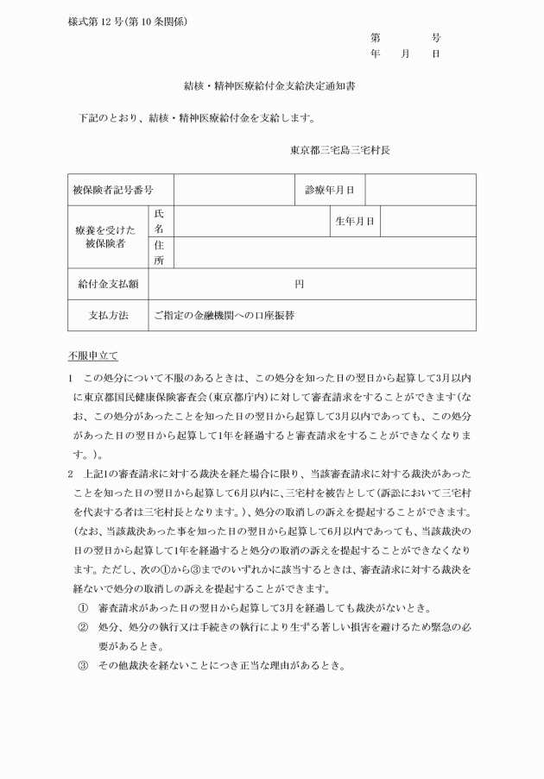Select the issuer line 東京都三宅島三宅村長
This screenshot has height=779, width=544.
click(340, 149)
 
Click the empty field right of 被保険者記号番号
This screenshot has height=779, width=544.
click(234, 190)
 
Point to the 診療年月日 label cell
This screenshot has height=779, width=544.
click(330, 190)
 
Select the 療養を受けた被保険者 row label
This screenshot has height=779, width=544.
click(107, 236)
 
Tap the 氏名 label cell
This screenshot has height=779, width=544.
click(159, 221)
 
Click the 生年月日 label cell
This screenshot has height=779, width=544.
click(354, 221)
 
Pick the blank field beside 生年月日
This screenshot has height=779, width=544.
click(427, 221)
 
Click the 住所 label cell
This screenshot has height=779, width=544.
click(159, 252)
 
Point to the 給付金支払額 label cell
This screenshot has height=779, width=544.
click(108, 283)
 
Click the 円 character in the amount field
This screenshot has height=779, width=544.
click(299, 283)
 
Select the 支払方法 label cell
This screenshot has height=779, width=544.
click(108, 315)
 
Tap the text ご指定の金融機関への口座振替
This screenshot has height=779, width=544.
click(224, 315)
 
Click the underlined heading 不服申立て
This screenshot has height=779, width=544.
click(93, 355)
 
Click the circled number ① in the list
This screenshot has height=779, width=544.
click(83, 607)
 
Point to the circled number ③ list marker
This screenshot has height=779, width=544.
click(83, 665)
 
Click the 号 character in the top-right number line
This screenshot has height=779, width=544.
click(436, 38)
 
